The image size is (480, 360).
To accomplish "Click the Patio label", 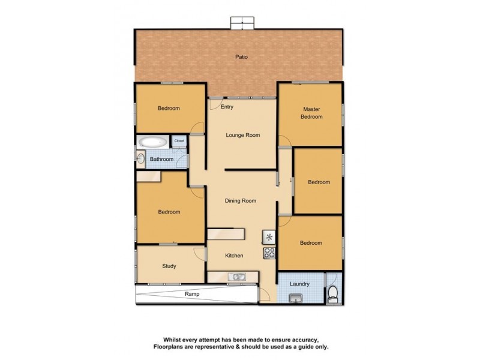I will pos(241,58).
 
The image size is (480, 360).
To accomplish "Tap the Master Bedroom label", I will pos(312,113).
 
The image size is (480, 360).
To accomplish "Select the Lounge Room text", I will pos(242,136).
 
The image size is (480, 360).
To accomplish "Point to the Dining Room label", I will pos(241,201).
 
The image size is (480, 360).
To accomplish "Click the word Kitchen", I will pos(234,256).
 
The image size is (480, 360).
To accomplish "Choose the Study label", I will pos(169,266).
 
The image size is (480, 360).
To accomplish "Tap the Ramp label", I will pos(191,295).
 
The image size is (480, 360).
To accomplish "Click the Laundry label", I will pos(299,284).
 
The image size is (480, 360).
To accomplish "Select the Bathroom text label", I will pos(161,160).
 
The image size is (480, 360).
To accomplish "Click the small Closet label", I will pos(179,141).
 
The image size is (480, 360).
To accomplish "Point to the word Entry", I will pos(227,107).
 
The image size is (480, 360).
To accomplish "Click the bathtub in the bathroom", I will pos(152,143).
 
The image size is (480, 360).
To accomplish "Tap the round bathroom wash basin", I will pos(140,159).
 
